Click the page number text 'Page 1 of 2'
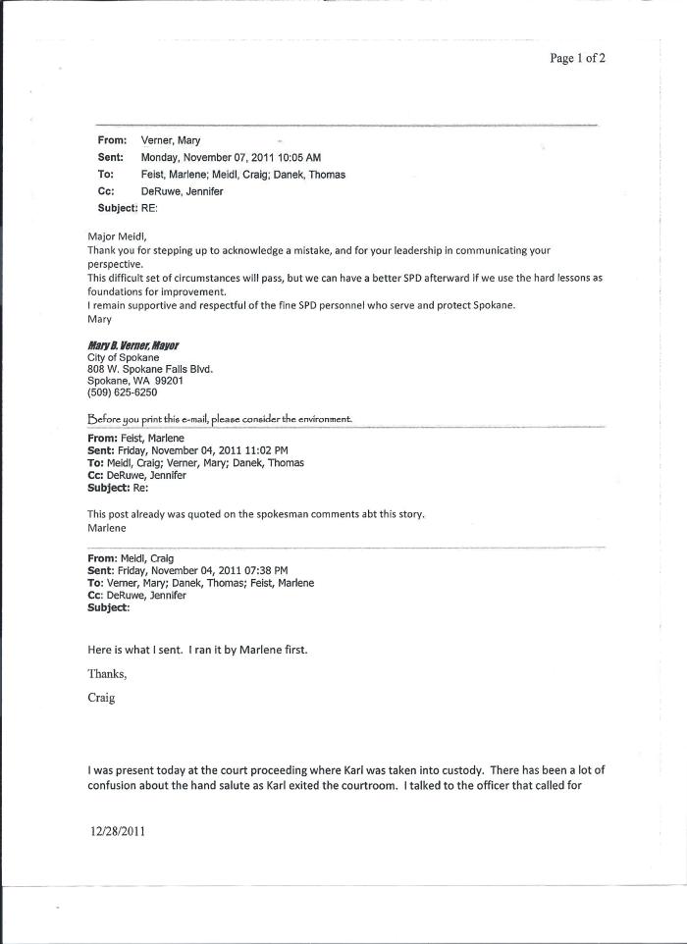tap(577, 58)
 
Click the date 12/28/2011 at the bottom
tap(118, 831)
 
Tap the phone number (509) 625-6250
tap(122, 393)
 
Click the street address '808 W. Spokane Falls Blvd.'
tap(150, 369)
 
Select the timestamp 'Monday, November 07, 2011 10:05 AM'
tap(231, 157)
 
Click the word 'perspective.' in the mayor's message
tap(116, 264)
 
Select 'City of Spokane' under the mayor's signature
tap(123, 357)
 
